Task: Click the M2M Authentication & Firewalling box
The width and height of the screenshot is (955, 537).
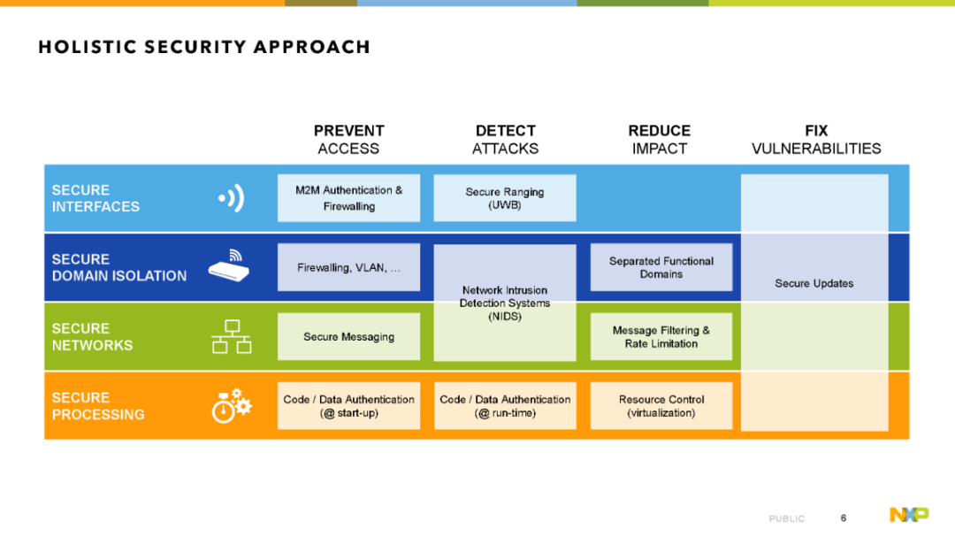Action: coord(348,198)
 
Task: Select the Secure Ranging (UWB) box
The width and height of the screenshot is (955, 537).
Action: coord(505,198)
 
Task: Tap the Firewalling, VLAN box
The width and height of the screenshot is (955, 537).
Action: coord(348,267)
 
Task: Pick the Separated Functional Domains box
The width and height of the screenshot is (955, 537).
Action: coord(661,267)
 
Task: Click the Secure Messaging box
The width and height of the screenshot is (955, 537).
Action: coord(348,336)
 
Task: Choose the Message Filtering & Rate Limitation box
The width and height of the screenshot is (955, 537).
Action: coord(661,336)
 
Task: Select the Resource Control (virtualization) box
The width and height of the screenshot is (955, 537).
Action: coord(661,406)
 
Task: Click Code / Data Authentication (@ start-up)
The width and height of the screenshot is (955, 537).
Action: coord(348,406)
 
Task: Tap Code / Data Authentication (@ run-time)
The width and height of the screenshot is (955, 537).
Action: coord(505,406)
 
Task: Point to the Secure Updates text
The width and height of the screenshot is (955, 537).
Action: coord(814,283)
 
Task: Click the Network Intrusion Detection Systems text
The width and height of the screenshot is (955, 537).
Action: coord(505,303)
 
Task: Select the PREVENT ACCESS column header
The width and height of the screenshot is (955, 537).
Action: coord(348,140)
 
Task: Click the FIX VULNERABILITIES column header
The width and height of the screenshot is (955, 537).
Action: coord(816,140)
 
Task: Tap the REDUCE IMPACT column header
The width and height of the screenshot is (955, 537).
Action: coord(660,140)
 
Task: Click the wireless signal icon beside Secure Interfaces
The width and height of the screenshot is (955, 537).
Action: coord(232,198)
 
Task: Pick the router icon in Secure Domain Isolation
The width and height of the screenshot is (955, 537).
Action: coord(229,265)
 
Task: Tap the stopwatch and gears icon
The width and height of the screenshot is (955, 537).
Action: coord(232,406)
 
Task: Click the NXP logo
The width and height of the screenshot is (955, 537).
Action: coord(909,515)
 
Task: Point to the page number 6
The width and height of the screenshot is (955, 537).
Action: coord(844,518)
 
